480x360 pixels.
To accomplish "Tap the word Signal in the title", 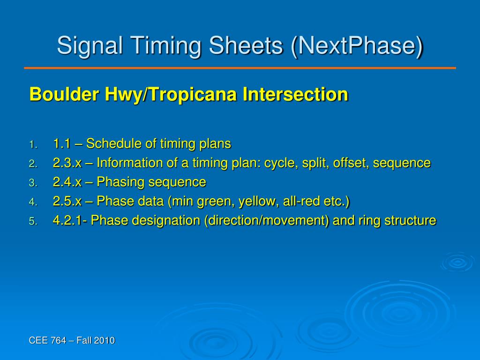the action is [90, 46].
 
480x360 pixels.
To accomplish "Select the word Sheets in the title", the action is [246, 45].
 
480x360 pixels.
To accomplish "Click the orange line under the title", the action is [240, 68].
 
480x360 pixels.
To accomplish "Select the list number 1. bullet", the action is [33, 145].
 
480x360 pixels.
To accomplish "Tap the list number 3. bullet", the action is [33, 183].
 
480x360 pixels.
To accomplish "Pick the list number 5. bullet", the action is [33, 221].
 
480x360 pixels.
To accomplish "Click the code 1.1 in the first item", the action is [62, 143].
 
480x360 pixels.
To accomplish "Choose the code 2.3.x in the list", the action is [67, 163].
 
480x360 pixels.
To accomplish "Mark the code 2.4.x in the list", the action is [67, 182].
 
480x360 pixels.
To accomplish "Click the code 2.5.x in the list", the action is [67, 201].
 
